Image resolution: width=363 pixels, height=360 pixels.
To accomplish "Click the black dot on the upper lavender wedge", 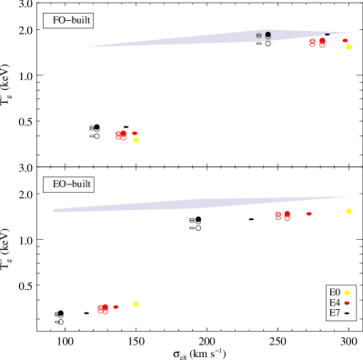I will point(267,35).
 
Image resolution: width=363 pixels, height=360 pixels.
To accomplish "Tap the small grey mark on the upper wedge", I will point(258,35).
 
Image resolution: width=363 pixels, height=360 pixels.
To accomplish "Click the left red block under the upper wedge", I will point(312,43).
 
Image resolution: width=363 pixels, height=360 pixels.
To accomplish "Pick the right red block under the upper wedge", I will point(321,43).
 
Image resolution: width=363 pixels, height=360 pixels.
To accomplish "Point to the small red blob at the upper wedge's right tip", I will point(345,40).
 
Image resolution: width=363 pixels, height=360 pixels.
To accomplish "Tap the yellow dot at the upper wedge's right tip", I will point(348,46).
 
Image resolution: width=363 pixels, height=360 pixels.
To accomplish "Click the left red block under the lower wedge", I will point(277,215).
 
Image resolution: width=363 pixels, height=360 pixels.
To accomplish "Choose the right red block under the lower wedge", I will point(287,215).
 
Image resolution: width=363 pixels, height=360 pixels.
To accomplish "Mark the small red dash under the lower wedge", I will point(308,214).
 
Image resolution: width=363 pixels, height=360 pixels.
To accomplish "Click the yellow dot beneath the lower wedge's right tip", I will point(348,211).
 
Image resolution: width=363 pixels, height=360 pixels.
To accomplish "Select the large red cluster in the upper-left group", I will point(121,135).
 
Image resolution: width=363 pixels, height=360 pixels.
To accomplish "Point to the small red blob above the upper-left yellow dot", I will point(135,133).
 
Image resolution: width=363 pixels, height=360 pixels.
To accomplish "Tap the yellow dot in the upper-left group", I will point(136,140).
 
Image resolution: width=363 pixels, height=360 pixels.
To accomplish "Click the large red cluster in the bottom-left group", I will point(103,309).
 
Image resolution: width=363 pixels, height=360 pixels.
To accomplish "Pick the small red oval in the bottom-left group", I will point(116,306).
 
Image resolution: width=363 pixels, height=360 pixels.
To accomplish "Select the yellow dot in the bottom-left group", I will point(136,304).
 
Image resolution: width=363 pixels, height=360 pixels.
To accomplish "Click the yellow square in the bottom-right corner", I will point(347,293).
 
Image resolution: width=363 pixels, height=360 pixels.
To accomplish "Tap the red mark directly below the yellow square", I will point(347,303).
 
